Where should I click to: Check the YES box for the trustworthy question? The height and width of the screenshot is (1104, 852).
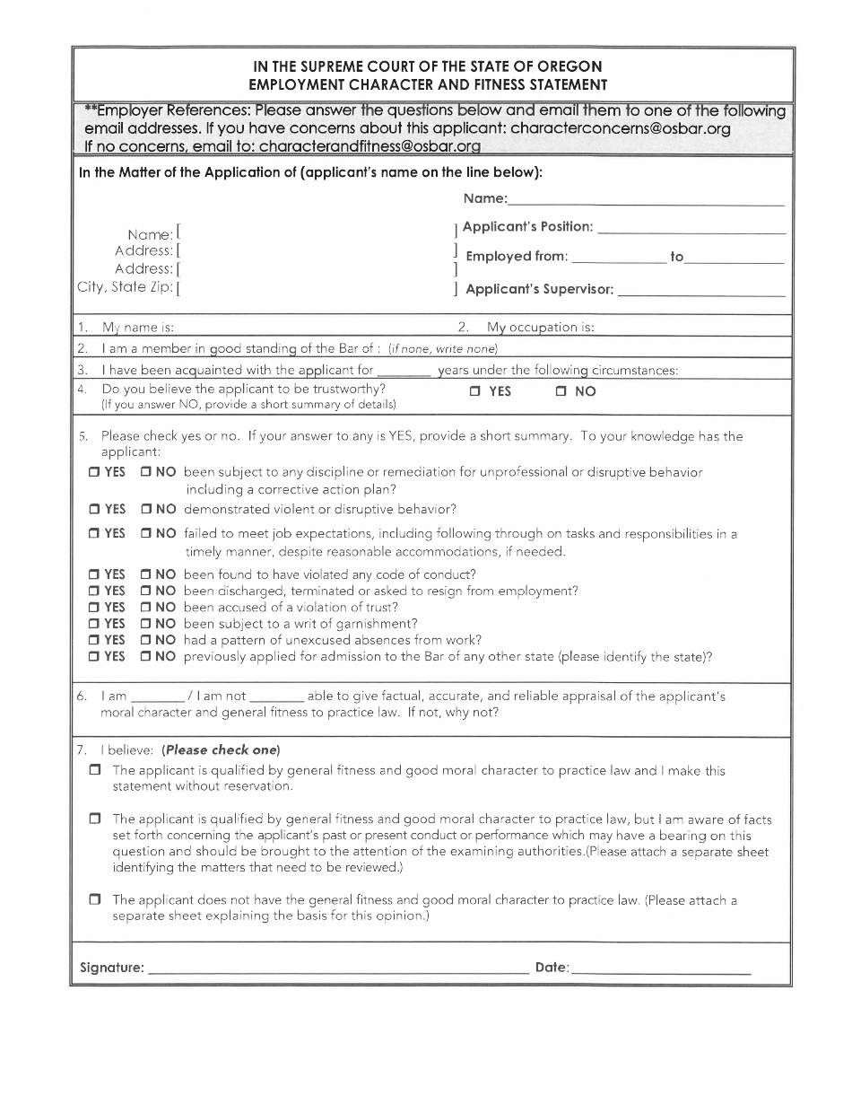(475, 391)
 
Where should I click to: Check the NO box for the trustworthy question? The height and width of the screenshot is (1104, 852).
(561, 391)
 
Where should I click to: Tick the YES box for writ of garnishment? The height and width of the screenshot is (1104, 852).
(94, 624)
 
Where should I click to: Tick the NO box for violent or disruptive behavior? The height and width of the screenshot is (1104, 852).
(145, 510)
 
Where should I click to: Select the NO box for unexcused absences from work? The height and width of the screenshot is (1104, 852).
(145, 640)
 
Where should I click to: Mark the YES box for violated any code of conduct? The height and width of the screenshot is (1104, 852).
(94, 574)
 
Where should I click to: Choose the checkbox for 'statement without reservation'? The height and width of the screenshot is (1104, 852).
(95, 771)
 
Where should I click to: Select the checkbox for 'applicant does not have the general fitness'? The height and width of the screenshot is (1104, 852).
(95, 899)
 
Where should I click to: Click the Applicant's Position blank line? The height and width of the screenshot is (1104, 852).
(691, 231)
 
